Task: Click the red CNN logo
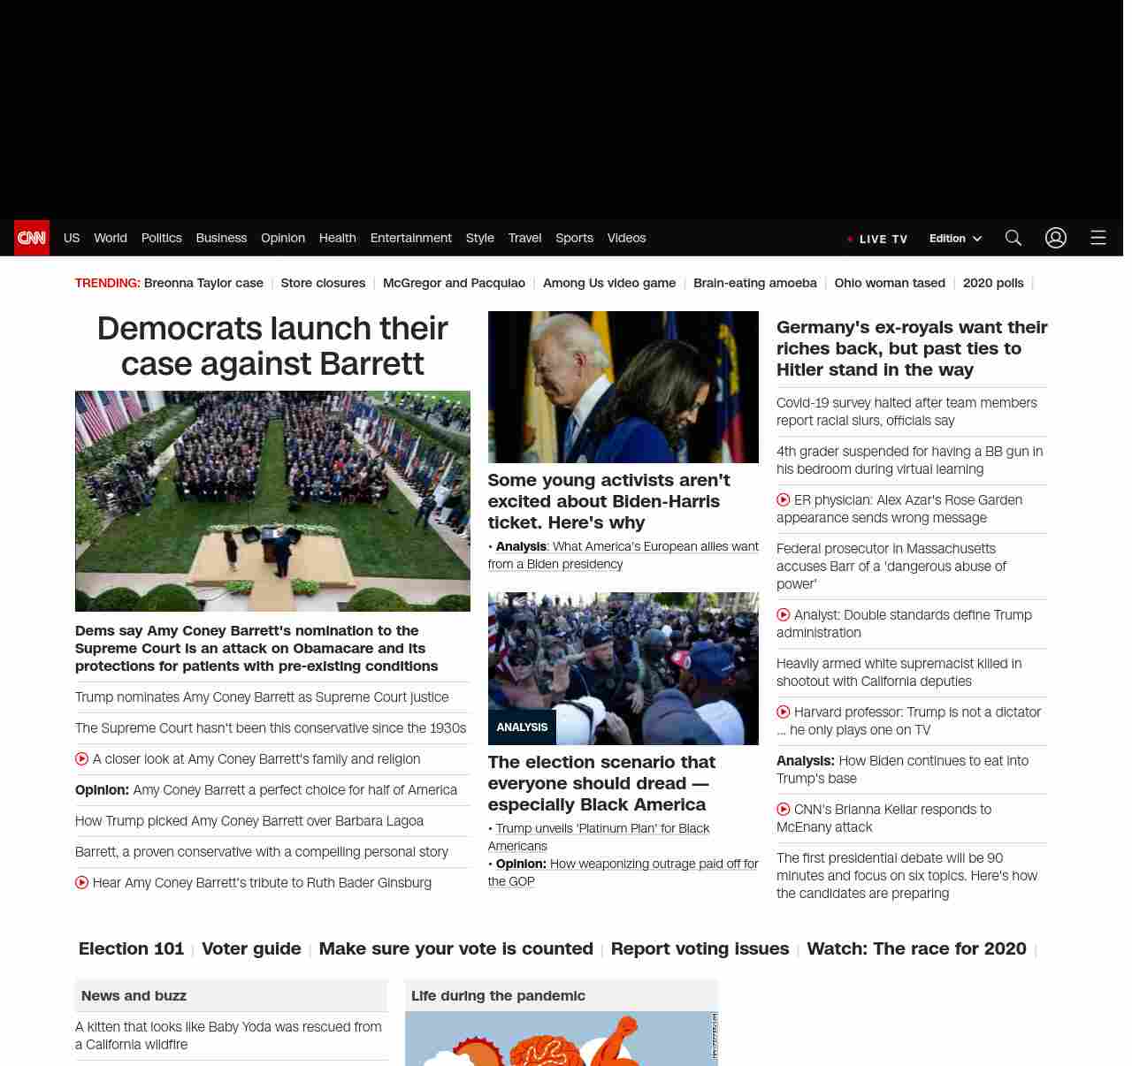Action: [x=32, y=238]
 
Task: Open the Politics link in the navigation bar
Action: [x=161, y=238]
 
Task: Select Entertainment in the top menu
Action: [x=410, y=238]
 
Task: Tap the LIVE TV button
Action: [x=877, y=239]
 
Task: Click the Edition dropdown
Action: [x=955, y=239]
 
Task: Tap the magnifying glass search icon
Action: [x=1013, y=238]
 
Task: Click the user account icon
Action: [x=1055, y=238]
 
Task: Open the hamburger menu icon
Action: [x=1098, y=238]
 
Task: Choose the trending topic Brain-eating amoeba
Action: [x=754, y=283]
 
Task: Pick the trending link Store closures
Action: [x=323, y=283]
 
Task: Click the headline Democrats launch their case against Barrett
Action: [x=272, y=346]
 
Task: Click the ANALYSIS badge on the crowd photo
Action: [x=522, y=727]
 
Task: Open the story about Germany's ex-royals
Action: [x=911, y=348]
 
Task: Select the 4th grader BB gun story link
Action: [x=909, y=461]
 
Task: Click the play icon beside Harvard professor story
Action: [x=783, y=712]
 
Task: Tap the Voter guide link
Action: [x=251, y=948]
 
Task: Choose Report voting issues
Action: [x=700, y=948]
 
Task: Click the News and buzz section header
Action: [x=134, y=995]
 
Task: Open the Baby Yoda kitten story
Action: [x=228, y=1035]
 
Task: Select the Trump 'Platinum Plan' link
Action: [x=602, y=828]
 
